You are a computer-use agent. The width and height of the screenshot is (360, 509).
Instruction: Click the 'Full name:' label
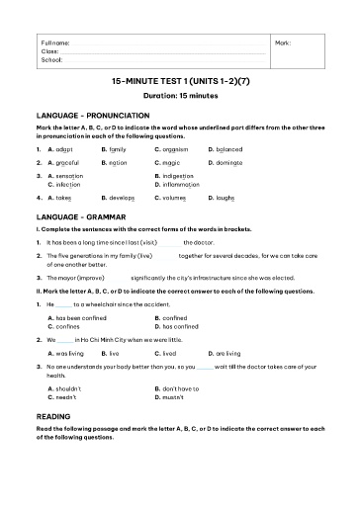click(x=55, y=43)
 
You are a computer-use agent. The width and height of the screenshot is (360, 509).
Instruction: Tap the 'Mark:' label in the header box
click(x=282, y=43)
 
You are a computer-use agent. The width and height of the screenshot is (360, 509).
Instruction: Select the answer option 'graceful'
click(x=69, y=161)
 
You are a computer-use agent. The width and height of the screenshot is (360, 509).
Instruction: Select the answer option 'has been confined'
click(x=82, y=318)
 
